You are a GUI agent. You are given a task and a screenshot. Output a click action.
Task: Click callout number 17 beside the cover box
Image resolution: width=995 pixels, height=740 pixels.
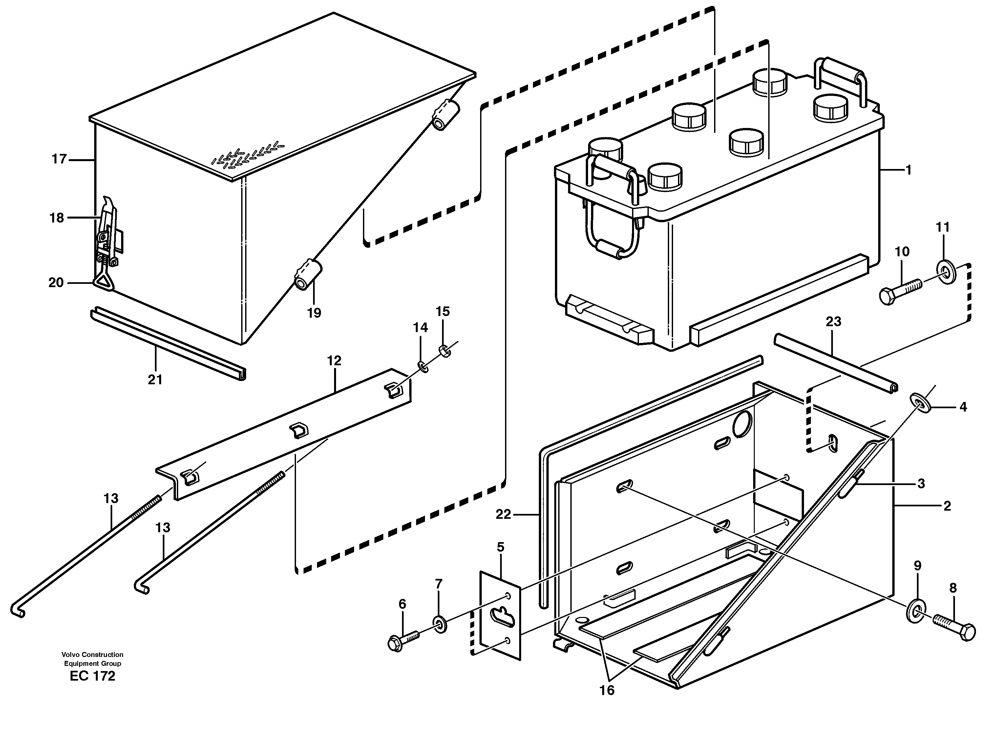pos(59,159)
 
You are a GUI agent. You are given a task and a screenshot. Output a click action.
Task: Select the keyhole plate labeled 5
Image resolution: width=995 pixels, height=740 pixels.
pos(500,616)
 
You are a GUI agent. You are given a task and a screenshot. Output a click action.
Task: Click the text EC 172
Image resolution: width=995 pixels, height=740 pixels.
pos(92,676)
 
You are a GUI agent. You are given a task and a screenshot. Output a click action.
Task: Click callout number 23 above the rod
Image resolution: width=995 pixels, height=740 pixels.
pos(833,322)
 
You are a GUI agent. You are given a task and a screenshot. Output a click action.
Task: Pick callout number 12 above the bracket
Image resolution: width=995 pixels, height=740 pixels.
pos(334,361)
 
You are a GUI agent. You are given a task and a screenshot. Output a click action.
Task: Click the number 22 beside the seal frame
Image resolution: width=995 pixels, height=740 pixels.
pos(503,514)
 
